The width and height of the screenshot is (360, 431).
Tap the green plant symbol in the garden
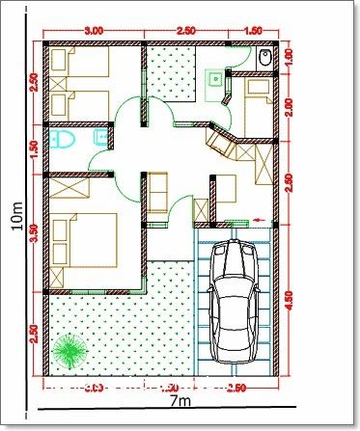(69, 348)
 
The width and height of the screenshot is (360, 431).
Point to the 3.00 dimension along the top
(95, 31)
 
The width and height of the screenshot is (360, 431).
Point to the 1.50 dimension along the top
(255, 31)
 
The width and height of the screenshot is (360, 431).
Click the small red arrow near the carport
(259, 219)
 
